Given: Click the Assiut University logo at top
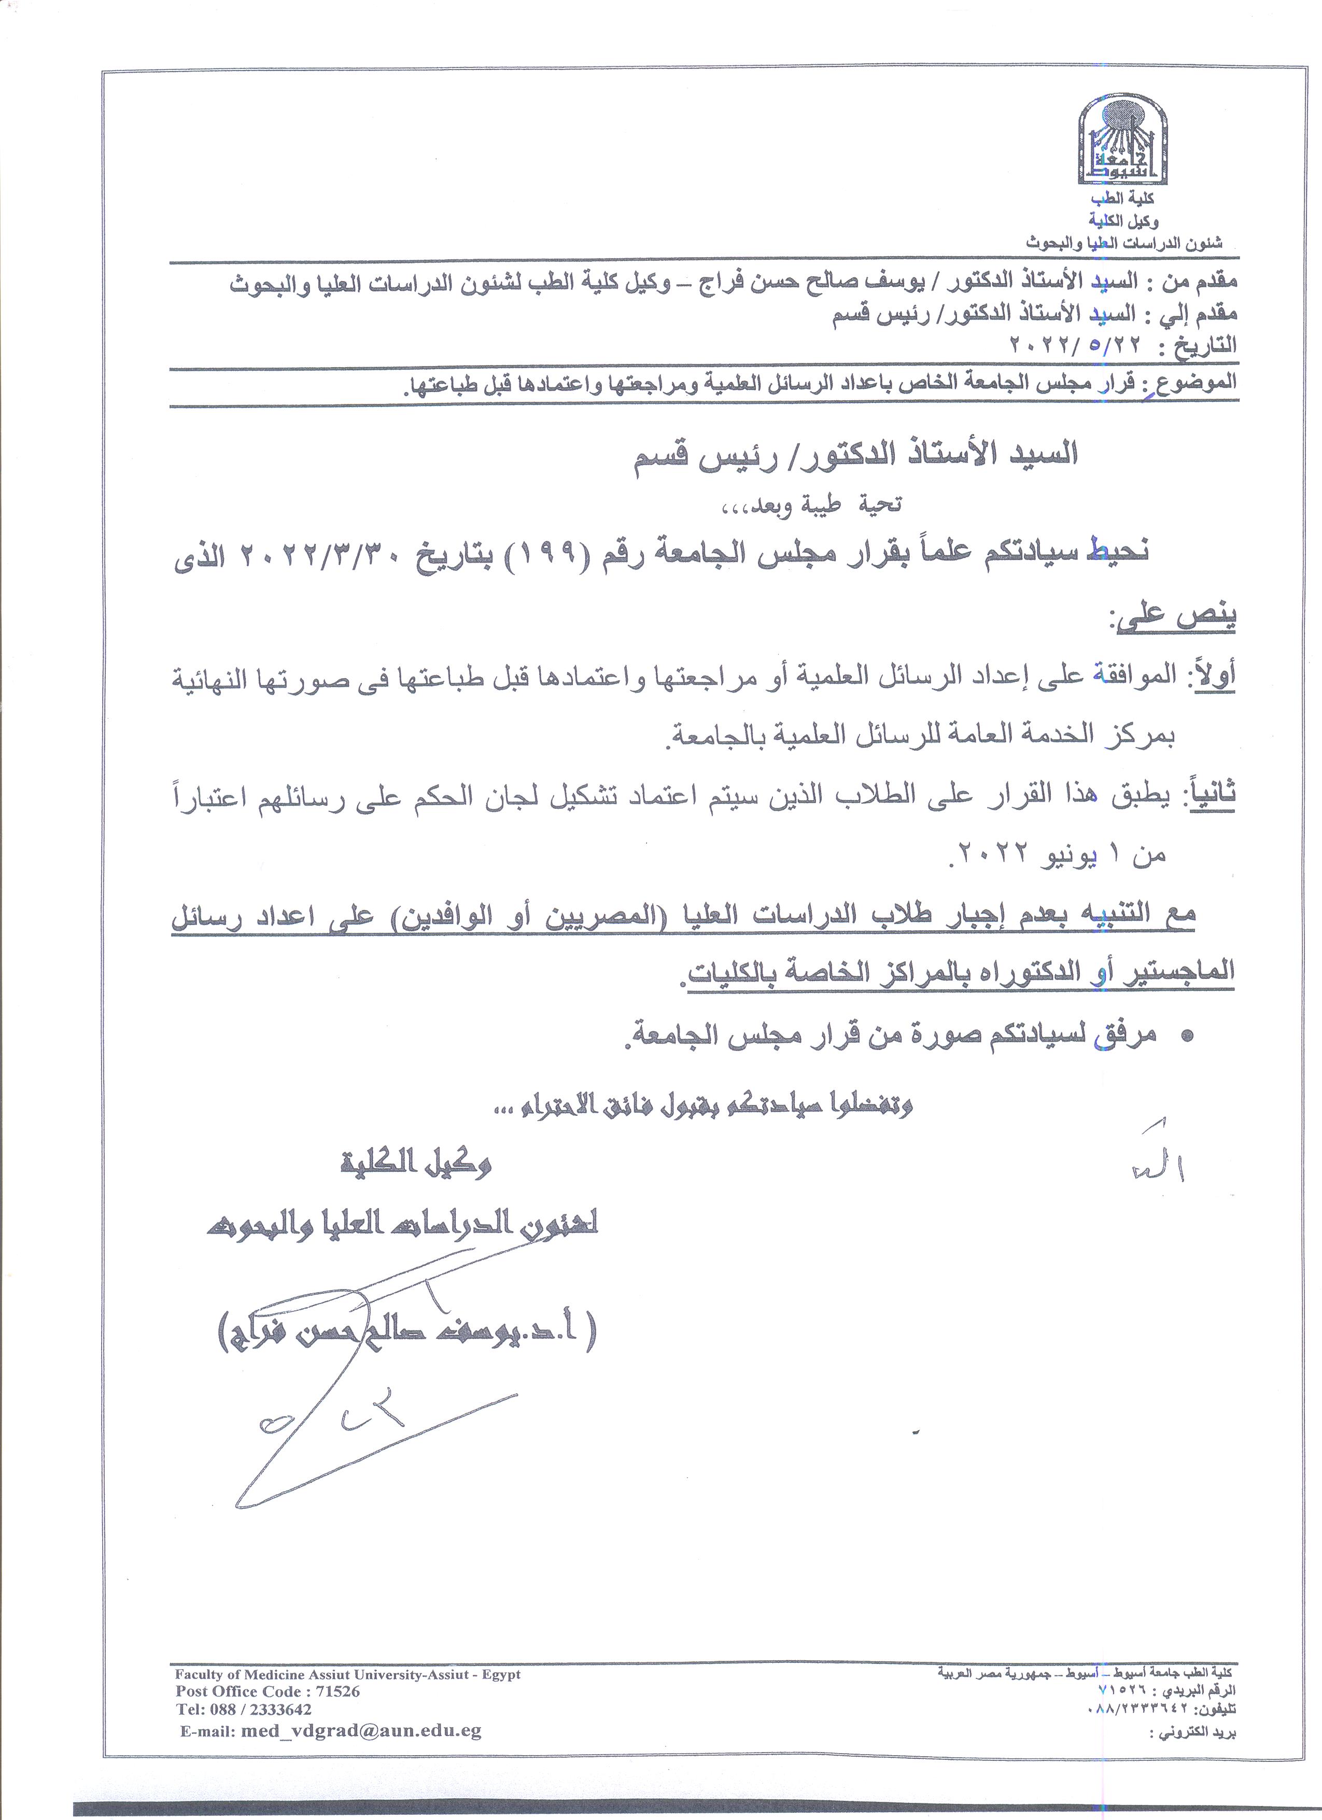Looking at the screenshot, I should click(1122, 143).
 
